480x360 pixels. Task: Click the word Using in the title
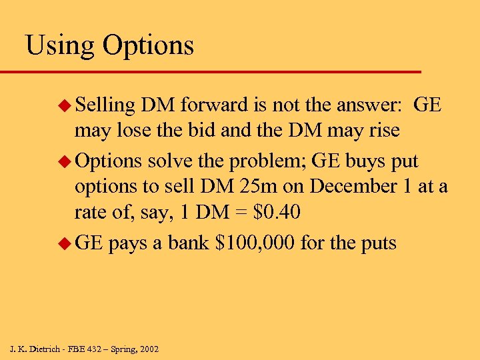point(59,46)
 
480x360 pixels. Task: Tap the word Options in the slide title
point(148,46)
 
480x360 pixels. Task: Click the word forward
point(215,105)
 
